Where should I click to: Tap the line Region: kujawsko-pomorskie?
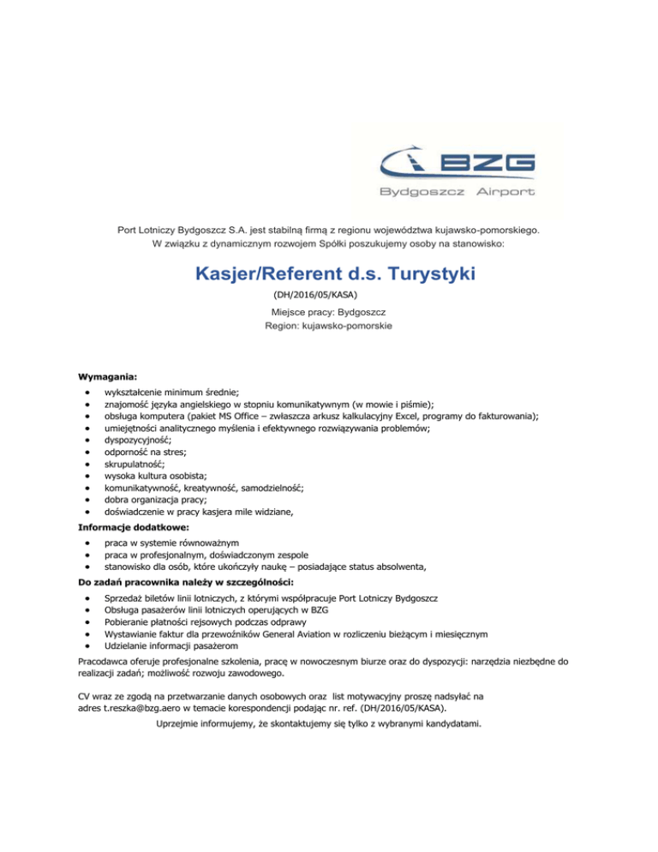[329, 327]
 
